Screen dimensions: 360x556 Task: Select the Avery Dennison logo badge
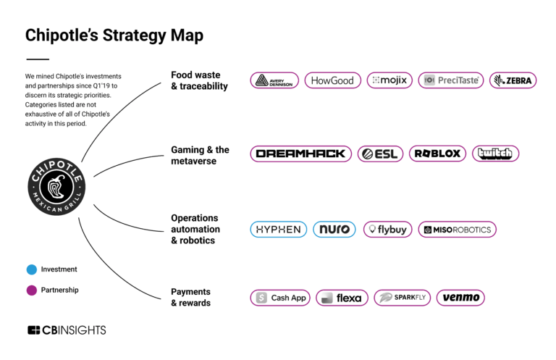(274, 80)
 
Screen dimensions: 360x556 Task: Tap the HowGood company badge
(332, 80)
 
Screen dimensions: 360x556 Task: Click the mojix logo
(389, 80)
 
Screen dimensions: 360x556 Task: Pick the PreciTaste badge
(451, 80)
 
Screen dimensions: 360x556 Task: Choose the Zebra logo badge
(513, 80)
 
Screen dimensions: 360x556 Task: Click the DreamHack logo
(300, 154)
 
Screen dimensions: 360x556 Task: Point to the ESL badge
(380, 154)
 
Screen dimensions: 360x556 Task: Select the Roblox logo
(437, 154)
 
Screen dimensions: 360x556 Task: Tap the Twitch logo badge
(495, 154)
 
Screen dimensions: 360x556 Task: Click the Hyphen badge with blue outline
(279, 230)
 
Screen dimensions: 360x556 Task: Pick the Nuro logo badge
(334, 230)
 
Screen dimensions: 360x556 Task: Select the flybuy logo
(387, 230)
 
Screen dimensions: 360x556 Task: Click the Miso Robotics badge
(457, 230)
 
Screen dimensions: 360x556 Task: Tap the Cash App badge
(280, 298)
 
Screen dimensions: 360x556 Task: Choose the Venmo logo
(460, 298)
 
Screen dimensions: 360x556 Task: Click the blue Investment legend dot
(31, 269)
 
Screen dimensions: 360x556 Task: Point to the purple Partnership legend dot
(31, 290)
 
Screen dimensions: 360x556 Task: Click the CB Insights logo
(67, 330)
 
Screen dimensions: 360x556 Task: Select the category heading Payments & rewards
(191, 298)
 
